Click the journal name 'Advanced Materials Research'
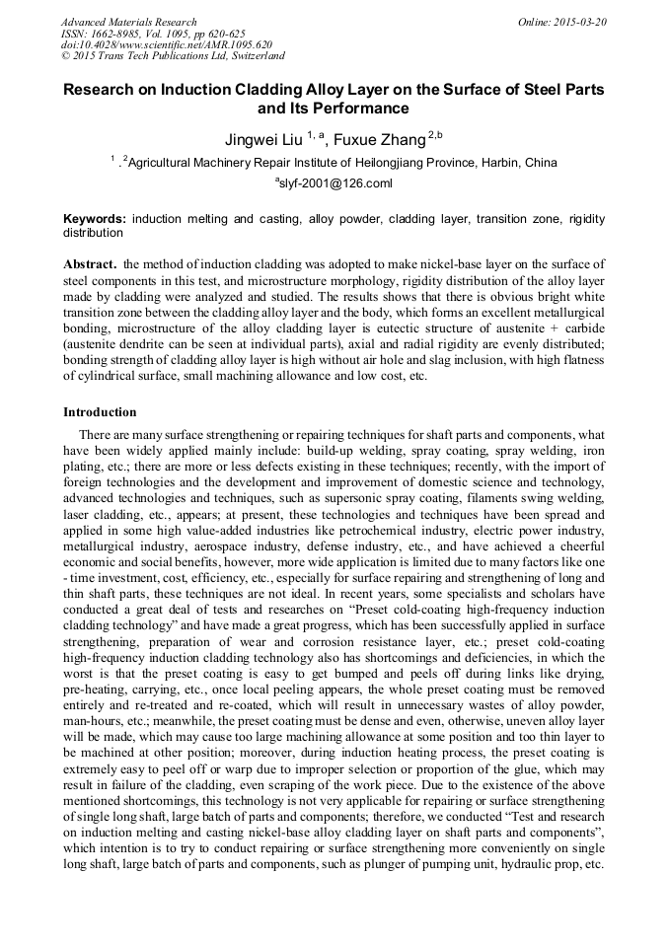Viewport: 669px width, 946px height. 128,22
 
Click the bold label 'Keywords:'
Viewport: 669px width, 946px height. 96,218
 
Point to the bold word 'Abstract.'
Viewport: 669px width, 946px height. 92,265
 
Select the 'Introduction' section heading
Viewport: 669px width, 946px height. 100,411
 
